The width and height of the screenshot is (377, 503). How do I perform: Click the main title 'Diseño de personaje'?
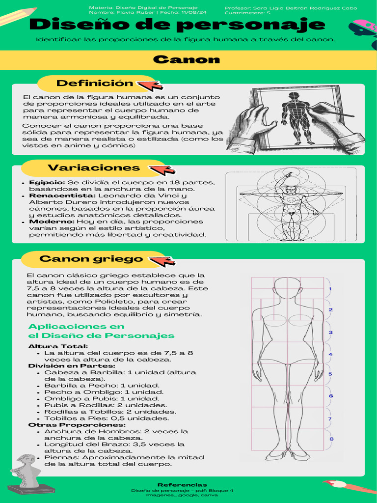click(177, 25)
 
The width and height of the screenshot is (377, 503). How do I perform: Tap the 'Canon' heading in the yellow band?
click(186, 60)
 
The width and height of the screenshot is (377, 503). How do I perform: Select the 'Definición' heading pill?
click(95, 84)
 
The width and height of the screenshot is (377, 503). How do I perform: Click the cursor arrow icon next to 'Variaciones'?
click(162, 170)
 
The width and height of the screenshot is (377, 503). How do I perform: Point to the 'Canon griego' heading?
click(91, 259)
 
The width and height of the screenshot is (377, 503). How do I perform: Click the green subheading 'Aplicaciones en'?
click(76, 327)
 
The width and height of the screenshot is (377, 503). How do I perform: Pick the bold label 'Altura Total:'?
click(52, 347)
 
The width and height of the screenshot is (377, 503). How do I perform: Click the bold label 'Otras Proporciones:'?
click(77, 425)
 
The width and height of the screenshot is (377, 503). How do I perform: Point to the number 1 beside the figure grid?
click(330, 289)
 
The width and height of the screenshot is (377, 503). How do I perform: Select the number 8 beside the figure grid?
click(332, 439)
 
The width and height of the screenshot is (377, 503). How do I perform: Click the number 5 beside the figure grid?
click(330, 374)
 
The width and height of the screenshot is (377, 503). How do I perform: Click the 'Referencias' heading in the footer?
click(182, 485)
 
